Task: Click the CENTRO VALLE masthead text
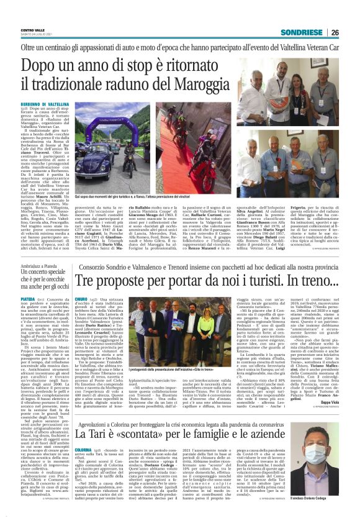pos(33,29)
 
